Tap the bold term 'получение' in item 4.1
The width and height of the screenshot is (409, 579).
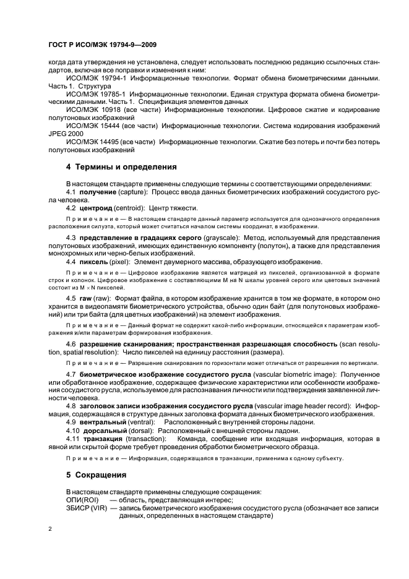coord(98,192)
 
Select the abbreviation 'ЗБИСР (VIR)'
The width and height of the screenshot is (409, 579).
coord(86,507)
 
